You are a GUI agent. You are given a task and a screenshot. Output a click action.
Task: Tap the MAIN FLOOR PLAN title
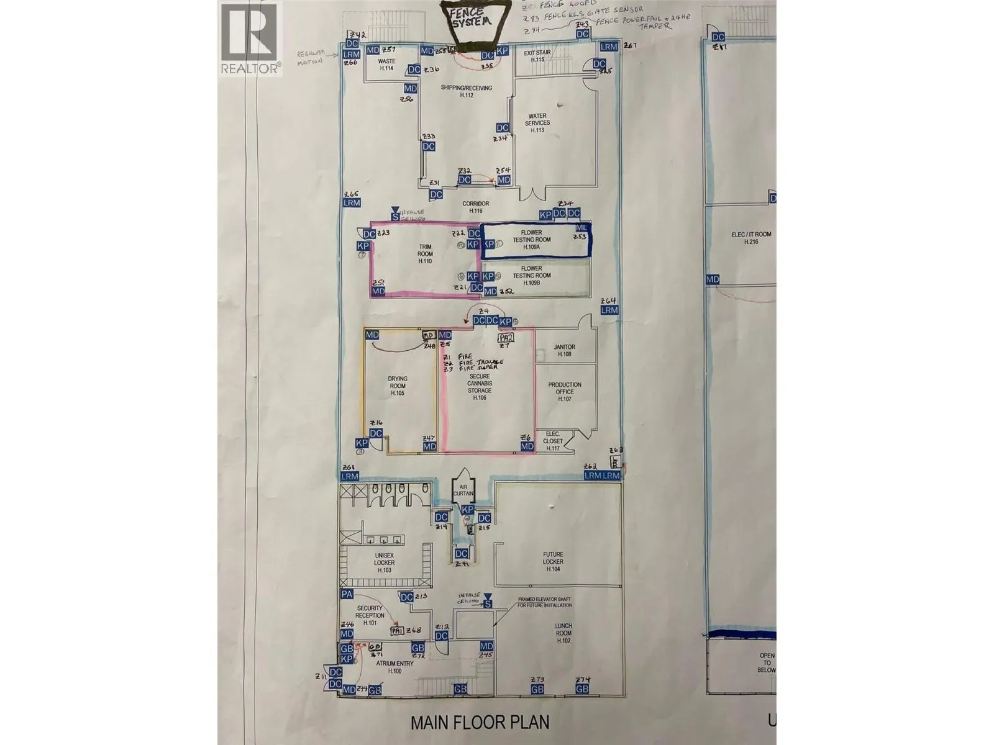click(x=480, y=722)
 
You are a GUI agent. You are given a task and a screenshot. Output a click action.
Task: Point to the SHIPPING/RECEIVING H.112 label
click(x=466, y=91)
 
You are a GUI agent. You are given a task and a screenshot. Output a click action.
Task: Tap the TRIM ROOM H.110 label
click(x=425, y=254)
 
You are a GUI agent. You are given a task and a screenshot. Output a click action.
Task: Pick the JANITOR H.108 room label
click(x=564, y=350)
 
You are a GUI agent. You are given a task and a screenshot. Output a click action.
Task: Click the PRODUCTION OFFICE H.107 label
click(x=565, y=392)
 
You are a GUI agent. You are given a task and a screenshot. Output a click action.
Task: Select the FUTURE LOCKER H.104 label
click(x=553, y=561)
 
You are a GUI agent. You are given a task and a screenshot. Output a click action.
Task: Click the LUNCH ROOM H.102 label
click(x=563, y=633)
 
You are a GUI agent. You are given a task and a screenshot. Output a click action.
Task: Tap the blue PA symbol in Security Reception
click(x=347, y=594)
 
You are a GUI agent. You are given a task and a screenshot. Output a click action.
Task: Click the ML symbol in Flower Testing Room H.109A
click(x=580, y=229)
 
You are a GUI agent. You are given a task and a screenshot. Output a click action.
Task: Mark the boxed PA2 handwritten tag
click(x=506, y=338)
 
